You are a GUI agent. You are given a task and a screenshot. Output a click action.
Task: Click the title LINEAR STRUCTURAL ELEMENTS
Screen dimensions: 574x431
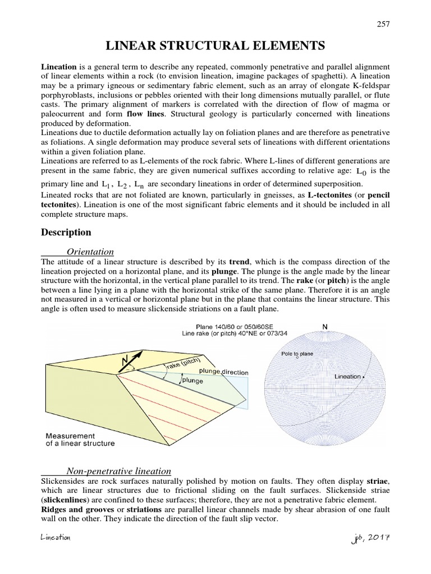coord(215,45)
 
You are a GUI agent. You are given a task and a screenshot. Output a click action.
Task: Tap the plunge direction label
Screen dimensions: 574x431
coord(215,372)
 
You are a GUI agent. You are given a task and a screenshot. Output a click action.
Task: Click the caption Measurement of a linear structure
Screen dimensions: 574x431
coord(80,439)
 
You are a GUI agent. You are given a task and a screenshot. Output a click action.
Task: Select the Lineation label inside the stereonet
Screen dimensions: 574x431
coord(348,377)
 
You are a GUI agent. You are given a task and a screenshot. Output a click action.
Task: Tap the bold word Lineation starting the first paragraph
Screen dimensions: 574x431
coord(59,67)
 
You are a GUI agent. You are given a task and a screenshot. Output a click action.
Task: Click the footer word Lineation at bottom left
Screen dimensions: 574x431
coord(55,538)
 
